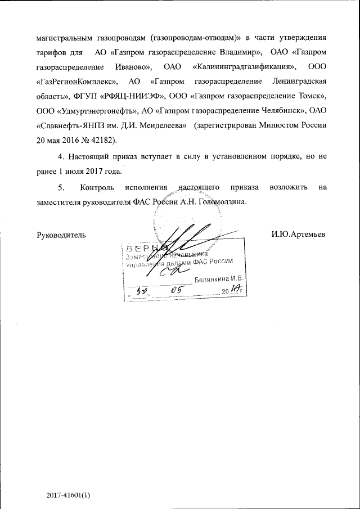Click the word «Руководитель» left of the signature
pyautogui.click(x=61, y=233)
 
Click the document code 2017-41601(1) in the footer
pyautogui.click(x=69, y=479)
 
